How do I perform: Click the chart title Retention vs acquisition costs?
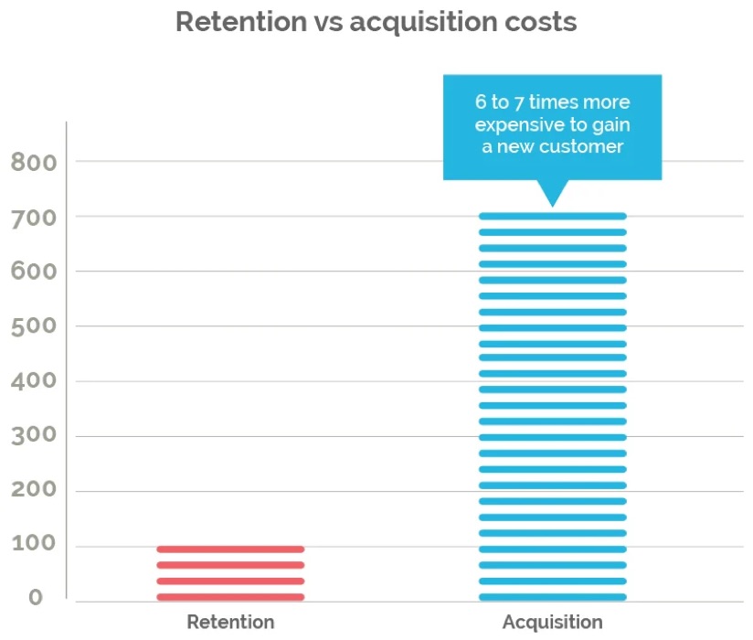[376, 22]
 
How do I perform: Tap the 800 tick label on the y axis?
[34, 163]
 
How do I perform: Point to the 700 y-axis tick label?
[34, 218]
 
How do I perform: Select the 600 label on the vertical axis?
[34, 272]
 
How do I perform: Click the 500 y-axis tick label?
[34, 326]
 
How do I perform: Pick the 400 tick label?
[34, 381]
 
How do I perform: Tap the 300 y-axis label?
[34, 436]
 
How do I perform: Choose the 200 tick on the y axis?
[34, 490]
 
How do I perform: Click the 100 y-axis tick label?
[34, 545]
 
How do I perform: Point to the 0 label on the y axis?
[35, 597]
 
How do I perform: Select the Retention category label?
[230, 623]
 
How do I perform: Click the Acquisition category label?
[552, 623]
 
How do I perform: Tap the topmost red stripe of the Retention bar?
[230, 549]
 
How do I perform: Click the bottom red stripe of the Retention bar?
[230, 597]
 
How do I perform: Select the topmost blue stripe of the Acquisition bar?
[552, 217]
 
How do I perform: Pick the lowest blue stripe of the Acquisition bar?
[552, 597]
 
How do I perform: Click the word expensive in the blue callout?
[519, 124]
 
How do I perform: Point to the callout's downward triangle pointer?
[552, 192]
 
